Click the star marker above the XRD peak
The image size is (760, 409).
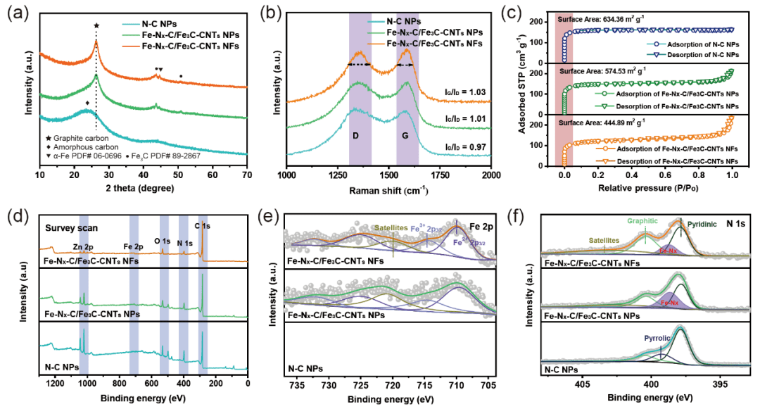(96, 25)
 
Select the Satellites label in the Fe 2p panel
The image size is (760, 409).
(393, 227)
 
